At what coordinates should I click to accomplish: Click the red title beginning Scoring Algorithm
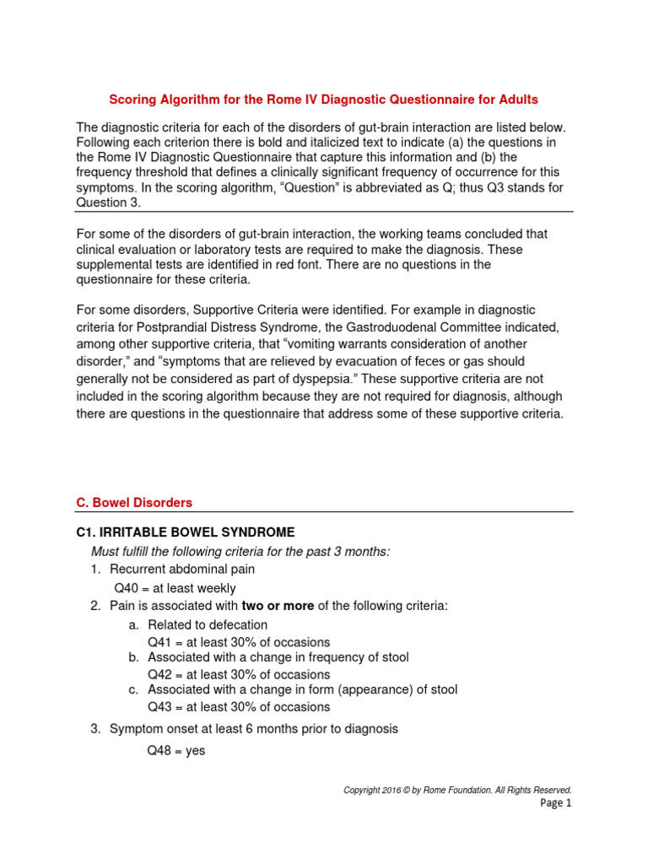pos(323,100)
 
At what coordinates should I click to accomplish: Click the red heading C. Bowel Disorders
pos(134,502)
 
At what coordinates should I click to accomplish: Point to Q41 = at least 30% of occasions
pos(239,642)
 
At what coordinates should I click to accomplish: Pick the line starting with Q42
pos(239,674)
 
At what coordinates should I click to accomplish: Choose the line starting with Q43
pos(239,707)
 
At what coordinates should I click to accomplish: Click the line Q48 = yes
pos(176,750)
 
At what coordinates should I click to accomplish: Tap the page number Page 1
pos(555,803)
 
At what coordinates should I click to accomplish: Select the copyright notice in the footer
pos(457,790)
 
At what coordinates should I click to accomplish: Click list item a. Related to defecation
pos(207,624)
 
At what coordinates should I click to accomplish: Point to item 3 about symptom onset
pos(253,728)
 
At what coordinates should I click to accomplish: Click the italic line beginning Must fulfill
pos(240,551)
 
